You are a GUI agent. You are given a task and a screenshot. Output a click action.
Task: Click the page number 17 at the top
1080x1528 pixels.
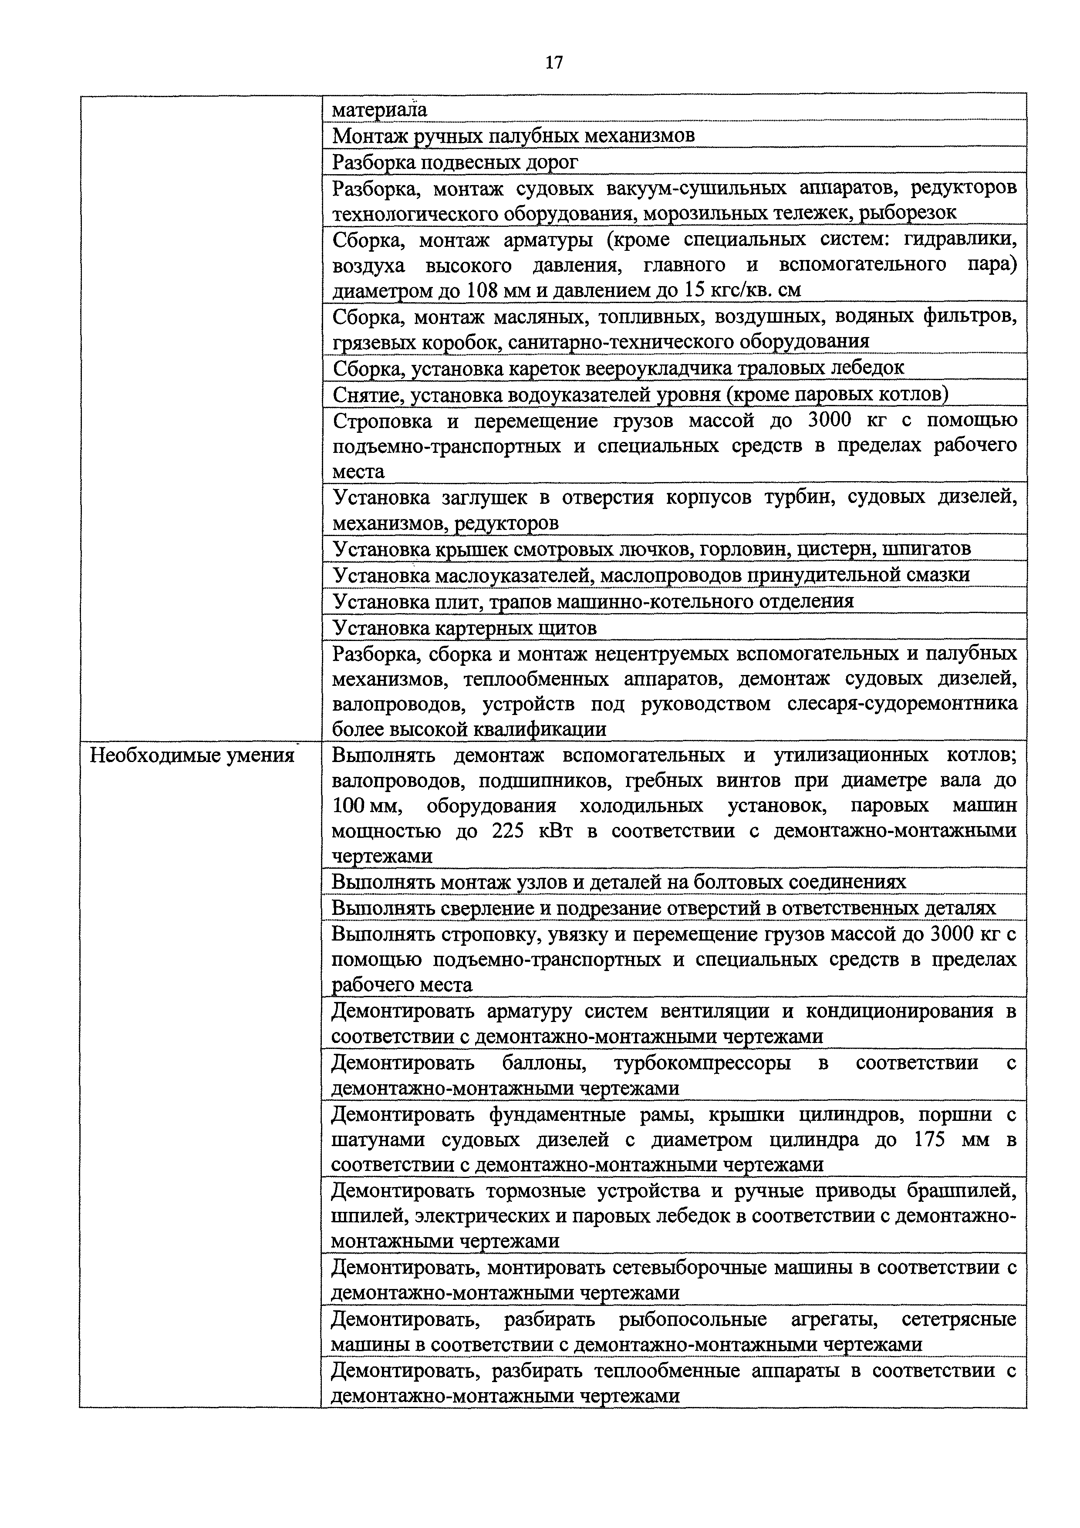(x=553, y=63)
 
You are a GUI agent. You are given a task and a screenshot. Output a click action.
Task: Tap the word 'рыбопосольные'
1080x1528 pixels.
(x=692, y=1319)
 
